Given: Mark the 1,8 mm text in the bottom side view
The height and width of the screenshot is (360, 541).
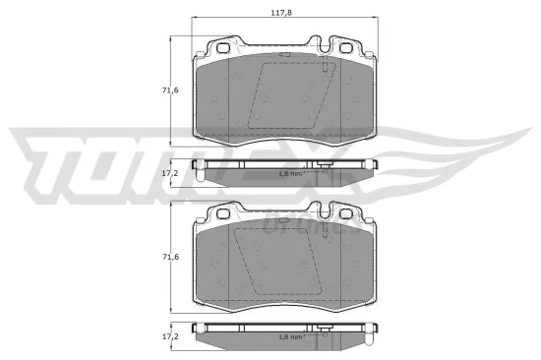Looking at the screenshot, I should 290,336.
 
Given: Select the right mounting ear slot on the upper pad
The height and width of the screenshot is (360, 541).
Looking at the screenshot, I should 343,48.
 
